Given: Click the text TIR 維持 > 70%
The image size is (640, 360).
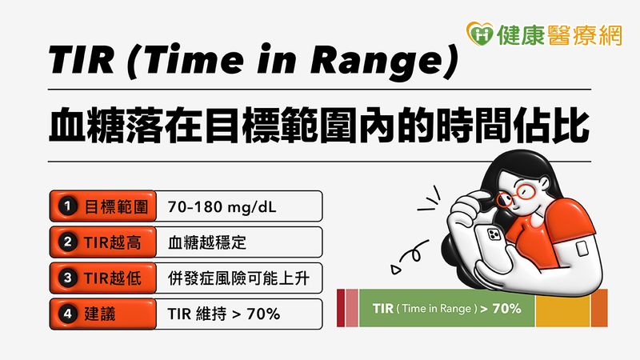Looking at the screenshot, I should [x=224, y=314].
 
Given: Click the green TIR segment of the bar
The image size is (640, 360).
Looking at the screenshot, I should [x=446, y=308].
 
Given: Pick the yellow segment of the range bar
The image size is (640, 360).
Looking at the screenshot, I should [x=562, y=308].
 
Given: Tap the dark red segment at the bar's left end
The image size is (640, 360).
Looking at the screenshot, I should [x=340, y=308].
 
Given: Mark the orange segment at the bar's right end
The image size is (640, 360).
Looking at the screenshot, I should [x=599, y=308].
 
